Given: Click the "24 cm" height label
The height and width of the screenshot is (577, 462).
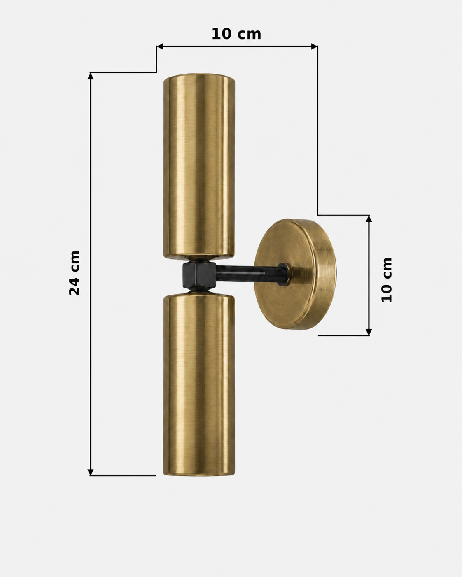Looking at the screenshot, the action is [x=74, y=273].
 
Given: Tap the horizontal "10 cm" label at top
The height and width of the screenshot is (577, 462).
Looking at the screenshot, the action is [x=236, y=34].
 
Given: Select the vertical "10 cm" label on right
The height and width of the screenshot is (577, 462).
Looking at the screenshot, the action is [x=387, y=280].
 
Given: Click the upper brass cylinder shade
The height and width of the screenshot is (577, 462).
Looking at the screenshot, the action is [x=199, y=166].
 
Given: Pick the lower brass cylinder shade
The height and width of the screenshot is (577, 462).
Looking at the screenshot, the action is [x=199, y=384].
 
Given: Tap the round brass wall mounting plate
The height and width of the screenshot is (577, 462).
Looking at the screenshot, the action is [x=295, y=274].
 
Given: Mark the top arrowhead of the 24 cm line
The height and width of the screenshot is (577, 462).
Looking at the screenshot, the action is [x=91, y=76].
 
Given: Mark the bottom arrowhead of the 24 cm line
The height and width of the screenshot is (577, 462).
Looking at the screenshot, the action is [x=91, y=472].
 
